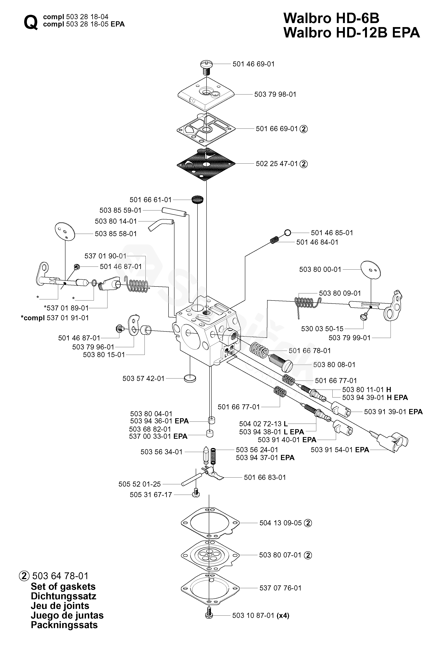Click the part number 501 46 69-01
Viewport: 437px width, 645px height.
point(253,64)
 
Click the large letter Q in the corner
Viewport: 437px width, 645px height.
point(31,22)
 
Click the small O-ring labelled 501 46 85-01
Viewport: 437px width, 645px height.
point(288,233)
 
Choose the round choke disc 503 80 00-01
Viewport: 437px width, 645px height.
point(370,269)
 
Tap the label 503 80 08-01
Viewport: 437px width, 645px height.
point(334,364)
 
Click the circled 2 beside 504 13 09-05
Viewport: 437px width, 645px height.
point(308,523)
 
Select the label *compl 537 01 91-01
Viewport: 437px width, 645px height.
point(55,318)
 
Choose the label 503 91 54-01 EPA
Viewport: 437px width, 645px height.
point(340,450)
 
